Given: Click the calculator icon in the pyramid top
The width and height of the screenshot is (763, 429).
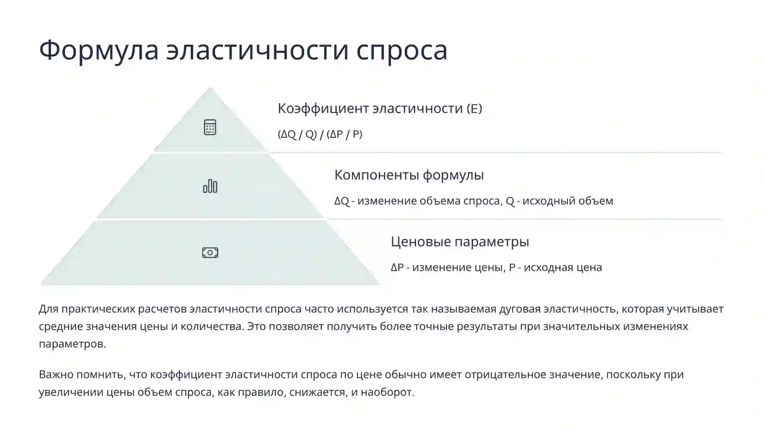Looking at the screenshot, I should click(210, 127).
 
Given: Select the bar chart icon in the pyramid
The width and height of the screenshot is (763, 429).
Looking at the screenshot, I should click(210, 186).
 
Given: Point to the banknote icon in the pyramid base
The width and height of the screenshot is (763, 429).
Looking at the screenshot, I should click(210, 253).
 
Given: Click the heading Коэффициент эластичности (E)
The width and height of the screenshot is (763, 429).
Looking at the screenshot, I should click(380, 109).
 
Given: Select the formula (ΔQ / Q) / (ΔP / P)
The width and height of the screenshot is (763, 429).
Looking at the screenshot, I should click(320, 134).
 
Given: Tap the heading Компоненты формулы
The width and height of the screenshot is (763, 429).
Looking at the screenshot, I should click(409, 175).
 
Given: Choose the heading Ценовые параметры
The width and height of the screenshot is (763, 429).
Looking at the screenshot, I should click(460, 242).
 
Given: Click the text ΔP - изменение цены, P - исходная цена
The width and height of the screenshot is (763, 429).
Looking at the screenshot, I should click(496, 267).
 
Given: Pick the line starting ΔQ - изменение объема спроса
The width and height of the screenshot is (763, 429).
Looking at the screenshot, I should click(473, 201).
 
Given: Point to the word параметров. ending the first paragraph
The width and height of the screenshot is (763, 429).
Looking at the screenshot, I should click(72, 344).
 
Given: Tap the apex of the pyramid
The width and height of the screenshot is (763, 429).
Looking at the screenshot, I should click(210, 89).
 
